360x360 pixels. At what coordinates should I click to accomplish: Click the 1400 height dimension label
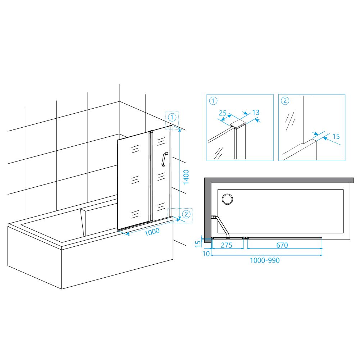(186, 177)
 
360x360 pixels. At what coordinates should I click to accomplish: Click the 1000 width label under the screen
(152, 232)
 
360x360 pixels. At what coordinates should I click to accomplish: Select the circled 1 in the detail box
(213, 101)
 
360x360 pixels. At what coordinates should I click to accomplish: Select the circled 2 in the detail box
(285, 101)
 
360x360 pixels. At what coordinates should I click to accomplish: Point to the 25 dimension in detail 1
(223, 113)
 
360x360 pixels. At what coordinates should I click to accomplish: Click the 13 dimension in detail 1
(256, 112)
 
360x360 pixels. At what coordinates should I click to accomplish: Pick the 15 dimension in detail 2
(336, 136)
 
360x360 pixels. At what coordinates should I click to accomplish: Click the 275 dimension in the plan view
(227, 245)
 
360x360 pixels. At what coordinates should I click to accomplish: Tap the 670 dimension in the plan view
(282, 245)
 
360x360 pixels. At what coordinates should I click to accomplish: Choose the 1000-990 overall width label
(265, 260)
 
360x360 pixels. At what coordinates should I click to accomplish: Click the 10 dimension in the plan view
(206, 254)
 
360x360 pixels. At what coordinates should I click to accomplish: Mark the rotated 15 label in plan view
(198, 244)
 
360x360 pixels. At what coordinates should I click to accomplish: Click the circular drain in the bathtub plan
(227, 199)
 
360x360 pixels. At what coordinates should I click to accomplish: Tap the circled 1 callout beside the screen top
(172, 117)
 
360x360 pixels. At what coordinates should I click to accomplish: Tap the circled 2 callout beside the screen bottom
(186, 214)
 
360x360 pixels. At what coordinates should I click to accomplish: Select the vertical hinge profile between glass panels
(151, 176)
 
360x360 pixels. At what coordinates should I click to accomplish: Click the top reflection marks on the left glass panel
(135, 149)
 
